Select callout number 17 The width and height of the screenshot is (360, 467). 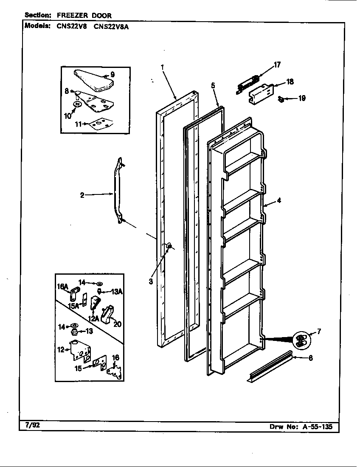[277, 65]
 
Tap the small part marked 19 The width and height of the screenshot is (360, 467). [281, 99]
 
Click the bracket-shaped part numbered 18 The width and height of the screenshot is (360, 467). [259, 93]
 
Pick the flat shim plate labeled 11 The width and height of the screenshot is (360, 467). [100, 123]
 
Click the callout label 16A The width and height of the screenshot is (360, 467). [63, 287]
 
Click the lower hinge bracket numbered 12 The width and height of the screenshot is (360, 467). [81, 351]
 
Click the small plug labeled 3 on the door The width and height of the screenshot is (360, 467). [169, 246]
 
